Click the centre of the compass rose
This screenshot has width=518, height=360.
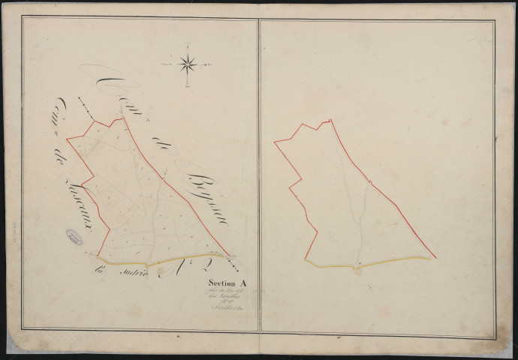click(x=188, y=64)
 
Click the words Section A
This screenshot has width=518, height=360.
click(x=230, y=283)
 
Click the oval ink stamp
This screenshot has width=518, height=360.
click(x=74, y=238)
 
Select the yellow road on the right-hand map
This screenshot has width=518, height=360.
click(x=368, y=263)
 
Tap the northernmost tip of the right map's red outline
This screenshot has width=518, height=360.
click(x=329, y=119)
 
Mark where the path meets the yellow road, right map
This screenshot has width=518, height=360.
click(x=357, y=265)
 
